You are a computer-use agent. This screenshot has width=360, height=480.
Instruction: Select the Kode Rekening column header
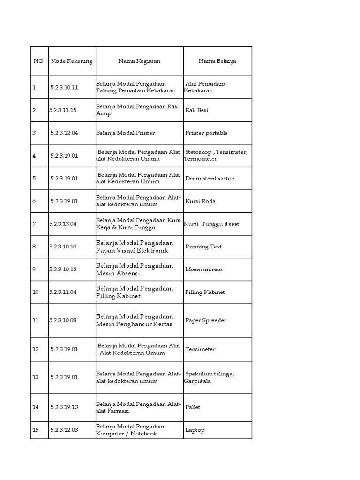coord(72,61)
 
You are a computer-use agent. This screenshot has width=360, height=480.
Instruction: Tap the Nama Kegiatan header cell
coord(139,61)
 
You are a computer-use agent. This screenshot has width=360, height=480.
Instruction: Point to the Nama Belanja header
coord(217,61)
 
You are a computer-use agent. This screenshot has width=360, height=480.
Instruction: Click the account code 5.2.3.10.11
coord(64,87)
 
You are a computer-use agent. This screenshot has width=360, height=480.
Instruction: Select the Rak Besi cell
coord(197,110)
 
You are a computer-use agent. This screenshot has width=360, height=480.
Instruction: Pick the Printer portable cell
coord(206,133)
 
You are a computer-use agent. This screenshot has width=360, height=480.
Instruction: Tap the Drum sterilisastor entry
coord(210,179)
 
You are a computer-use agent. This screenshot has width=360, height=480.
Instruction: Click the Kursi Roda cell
coord(200,201)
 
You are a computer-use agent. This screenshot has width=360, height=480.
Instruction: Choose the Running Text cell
coord(203,247)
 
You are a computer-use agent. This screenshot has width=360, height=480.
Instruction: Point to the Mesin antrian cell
coord(203,270)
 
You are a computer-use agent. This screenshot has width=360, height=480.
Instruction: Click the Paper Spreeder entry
coord(206,320)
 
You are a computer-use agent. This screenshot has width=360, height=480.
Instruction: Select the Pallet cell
coord(193,407)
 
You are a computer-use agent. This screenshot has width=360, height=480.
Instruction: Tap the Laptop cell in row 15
coord(195,430)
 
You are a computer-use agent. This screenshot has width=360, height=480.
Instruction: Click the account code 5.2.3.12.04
coord(64,133)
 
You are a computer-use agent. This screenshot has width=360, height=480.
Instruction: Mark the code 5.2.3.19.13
coord(64,407)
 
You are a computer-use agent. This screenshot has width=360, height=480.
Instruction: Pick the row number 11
coord(36,320)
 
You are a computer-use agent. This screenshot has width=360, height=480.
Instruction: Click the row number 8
coord(34,247)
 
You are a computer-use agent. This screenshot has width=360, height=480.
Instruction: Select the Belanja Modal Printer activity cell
coord(125,133)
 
